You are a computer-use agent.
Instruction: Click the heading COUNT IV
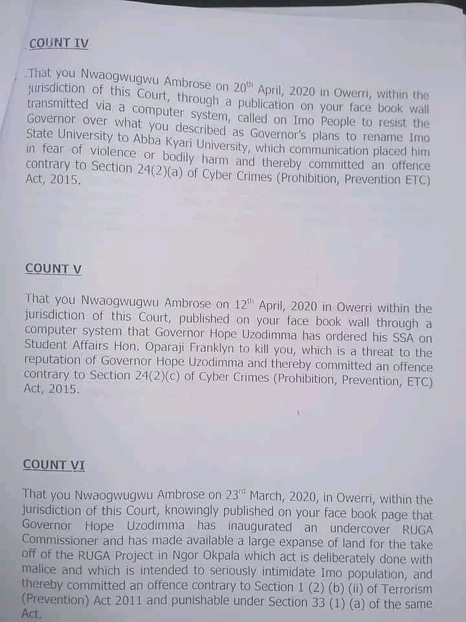coord(59,43)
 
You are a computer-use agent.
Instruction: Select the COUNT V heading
coord(53,268)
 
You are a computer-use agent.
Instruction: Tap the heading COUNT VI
coord(54,465)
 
